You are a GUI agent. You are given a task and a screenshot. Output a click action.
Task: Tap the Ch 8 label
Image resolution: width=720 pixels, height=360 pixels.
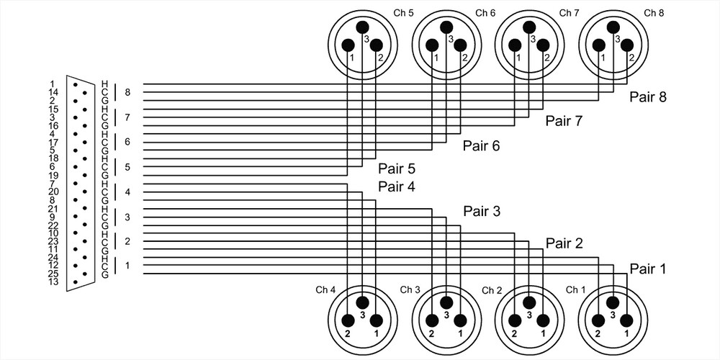click(x=654, y=12)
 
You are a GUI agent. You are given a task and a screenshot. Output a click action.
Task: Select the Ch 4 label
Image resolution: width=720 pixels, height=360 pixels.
click(x=325, y=289)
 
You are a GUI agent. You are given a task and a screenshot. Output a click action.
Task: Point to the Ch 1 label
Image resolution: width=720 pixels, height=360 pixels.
click(x=575, y=289)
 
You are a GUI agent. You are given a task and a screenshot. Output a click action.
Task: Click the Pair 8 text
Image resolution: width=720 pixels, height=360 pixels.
click(x=647, y=96)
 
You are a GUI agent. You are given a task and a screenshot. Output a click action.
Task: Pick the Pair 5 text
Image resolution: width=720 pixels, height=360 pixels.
click(x=397, y=170)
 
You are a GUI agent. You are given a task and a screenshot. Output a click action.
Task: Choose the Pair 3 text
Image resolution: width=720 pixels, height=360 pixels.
click(x=482, y=212)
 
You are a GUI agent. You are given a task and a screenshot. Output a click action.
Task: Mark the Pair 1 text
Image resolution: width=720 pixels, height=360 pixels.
click(x=647, y=269)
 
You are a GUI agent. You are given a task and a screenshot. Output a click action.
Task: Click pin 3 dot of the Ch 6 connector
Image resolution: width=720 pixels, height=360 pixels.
click(x=446, y=27)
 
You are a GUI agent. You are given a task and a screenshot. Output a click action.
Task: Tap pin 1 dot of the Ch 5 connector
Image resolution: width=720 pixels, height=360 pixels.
click(x=348, y=45)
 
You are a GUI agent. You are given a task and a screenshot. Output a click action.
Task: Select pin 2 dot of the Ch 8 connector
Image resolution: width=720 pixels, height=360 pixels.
click(x=627, y=45)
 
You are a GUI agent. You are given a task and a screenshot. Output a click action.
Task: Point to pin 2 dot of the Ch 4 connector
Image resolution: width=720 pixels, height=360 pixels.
click(x=348, y=320)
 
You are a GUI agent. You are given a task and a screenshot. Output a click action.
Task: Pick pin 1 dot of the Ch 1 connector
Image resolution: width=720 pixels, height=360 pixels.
click(x=627, y=320)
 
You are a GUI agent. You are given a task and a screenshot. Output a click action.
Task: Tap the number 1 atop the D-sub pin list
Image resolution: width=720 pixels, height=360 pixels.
click(x=53, y=84)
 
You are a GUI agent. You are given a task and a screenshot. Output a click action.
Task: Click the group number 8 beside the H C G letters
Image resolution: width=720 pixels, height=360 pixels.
click(x=127, y=92)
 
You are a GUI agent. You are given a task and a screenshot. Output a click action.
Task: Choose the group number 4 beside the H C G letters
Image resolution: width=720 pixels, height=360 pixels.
click(x=127, y=192)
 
